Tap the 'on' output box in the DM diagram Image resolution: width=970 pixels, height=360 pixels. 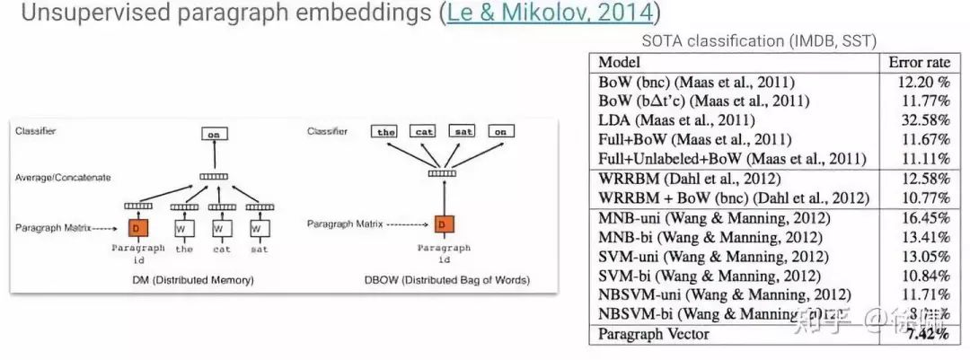point(214,135)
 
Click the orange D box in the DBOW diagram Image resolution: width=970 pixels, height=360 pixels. point(444,223)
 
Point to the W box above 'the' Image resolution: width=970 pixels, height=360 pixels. point(184,229)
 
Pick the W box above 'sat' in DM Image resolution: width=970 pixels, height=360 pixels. point(260,229)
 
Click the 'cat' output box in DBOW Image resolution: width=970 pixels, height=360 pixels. point(424,132)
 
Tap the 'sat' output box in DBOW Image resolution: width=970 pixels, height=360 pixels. point(462,132)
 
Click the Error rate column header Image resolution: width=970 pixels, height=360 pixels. point(919,62)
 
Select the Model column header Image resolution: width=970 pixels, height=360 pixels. point(619,62)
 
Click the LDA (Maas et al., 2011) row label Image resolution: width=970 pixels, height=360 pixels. point(677,119)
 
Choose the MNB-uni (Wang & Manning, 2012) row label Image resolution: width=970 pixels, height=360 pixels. point(714,217)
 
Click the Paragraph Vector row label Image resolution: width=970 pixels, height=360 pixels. point(654,334)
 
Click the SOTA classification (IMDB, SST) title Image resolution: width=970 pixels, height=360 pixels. point(758,40)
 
